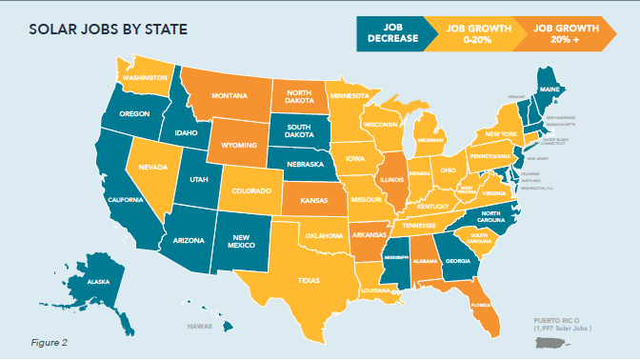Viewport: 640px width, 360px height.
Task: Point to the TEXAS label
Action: click(311, 282)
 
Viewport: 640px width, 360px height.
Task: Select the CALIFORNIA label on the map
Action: click(126, 200)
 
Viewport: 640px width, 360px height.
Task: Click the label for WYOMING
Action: click(233, 147)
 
